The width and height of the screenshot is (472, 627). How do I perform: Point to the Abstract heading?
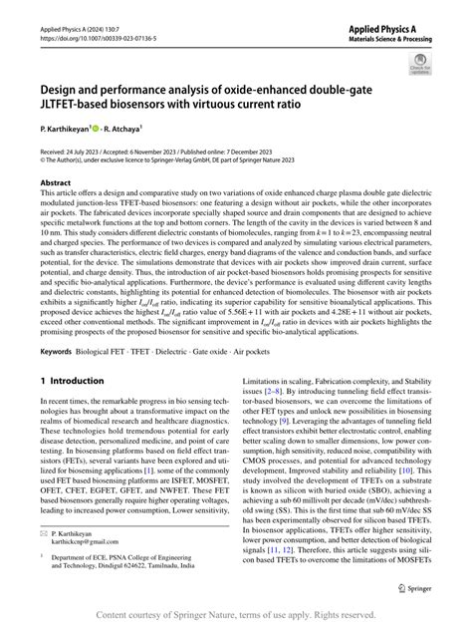pyautogui.click(x=56, y=210)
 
